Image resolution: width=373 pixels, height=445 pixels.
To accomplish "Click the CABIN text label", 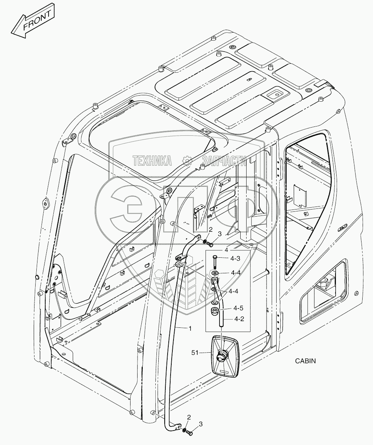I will point(306,360).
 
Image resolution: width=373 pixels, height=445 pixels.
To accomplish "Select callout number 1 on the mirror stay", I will point(190,328).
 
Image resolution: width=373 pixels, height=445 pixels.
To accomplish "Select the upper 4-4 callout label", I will point(235,273).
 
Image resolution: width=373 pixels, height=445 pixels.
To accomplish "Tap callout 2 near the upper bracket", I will point(210,230).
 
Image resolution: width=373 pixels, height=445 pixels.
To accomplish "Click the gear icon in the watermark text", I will point(187,160).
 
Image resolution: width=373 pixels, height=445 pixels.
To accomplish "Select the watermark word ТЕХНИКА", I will point(152,160).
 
